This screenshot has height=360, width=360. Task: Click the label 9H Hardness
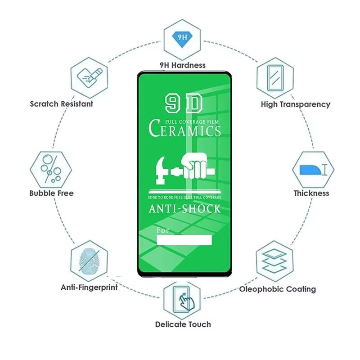182,65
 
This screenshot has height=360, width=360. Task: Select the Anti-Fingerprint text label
89,287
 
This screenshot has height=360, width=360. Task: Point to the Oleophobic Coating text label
277,289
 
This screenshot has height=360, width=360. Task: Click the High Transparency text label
295,104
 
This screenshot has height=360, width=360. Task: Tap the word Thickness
311,193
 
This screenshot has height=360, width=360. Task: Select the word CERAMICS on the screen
185,130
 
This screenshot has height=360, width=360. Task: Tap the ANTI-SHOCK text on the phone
184,209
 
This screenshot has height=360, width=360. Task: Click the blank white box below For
184,239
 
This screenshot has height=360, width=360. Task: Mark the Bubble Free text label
51,193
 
